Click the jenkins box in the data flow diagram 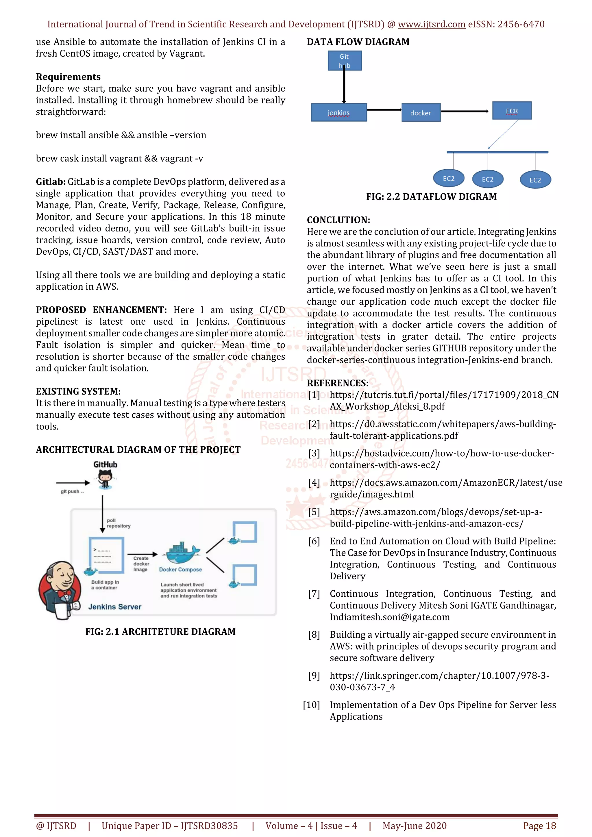pyautogui.click(x=338, y=112)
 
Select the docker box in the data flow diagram pyautogui.click(x=421, y=113)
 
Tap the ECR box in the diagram pyautogui.click(x=511, y=110)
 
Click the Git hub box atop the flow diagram pyautogui.click(x=344, y=61)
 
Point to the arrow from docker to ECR pyautogui.click(x=465, y=111)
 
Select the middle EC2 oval pyautogui.click(x=487, y=179)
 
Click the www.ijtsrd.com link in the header pyautogui.click(x=431, y=25)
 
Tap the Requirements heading pyautogui.click(x=68, y=77)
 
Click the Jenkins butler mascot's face pyautogui.click(x=61, y=576)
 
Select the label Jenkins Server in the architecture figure pyautogui.click(x=114, y=607)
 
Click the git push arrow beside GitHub pyautogui.click(x=73, y=483)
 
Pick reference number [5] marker pyautogui.click(x=314, y=512)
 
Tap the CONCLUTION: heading pyautogui.click(x=338, y=220)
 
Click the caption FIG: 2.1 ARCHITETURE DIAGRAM pyautogui.click(x=160, y=631)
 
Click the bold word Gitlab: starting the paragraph pyautogui.click(x=50, y=182)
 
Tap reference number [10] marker pyautogui.click(x=311, y=705)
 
